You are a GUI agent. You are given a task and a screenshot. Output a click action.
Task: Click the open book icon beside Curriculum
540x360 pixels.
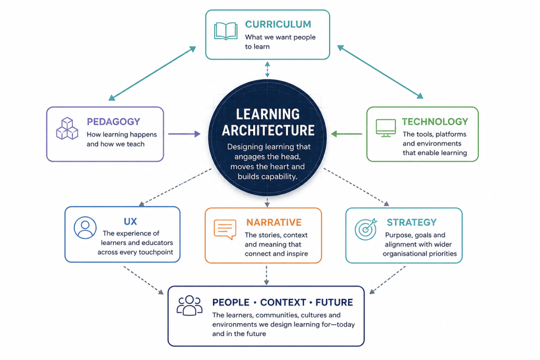click(x=226, y=31)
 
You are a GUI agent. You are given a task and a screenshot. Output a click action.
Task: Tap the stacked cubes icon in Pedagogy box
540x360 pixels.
click(x=67, y=129)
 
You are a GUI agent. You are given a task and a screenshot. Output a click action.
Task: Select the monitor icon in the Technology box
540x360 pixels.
click(x=385, y=128)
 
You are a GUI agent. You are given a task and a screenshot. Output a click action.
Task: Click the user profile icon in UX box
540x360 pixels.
click(x=85, y=228)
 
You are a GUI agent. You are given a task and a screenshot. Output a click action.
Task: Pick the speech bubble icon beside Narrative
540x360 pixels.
click(x=225, y=229)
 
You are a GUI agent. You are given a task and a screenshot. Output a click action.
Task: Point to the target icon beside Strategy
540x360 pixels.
click(x=366, y=229)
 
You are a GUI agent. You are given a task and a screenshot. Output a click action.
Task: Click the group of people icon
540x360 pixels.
click(x=189, y=305)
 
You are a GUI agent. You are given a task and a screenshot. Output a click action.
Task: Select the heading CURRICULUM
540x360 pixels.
click(x=278, y=24)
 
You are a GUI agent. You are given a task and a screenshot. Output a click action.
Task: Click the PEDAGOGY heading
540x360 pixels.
click(x=113, y=121)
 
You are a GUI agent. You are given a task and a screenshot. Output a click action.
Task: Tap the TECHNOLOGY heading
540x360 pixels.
click(x=435, y=121)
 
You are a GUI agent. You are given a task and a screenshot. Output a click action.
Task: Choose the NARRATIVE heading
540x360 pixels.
click(x=274, y=222)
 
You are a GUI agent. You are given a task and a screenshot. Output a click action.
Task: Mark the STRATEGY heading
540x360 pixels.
click(x=411, y=222)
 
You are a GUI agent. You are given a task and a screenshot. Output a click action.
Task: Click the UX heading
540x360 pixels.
click(x=131, y=221)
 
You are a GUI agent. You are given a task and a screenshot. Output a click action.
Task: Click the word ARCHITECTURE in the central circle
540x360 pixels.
click(x=268, y=130)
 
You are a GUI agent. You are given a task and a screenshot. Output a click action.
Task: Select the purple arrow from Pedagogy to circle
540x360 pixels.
click(x=184, y=134)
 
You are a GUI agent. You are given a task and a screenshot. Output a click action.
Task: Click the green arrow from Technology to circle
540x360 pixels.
click(x=346, y=134)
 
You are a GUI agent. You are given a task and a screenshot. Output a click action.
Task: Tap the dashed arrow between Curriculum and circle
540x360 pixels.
click(x=267, y=69)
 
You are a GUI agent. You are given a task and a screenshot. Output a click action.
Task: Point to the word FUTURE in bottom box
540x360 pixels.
click(x=334, y=303)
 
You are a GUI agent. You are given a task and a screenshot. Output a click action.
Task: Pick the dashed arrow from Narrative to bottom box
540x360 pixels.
click(x=266, y=275)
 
